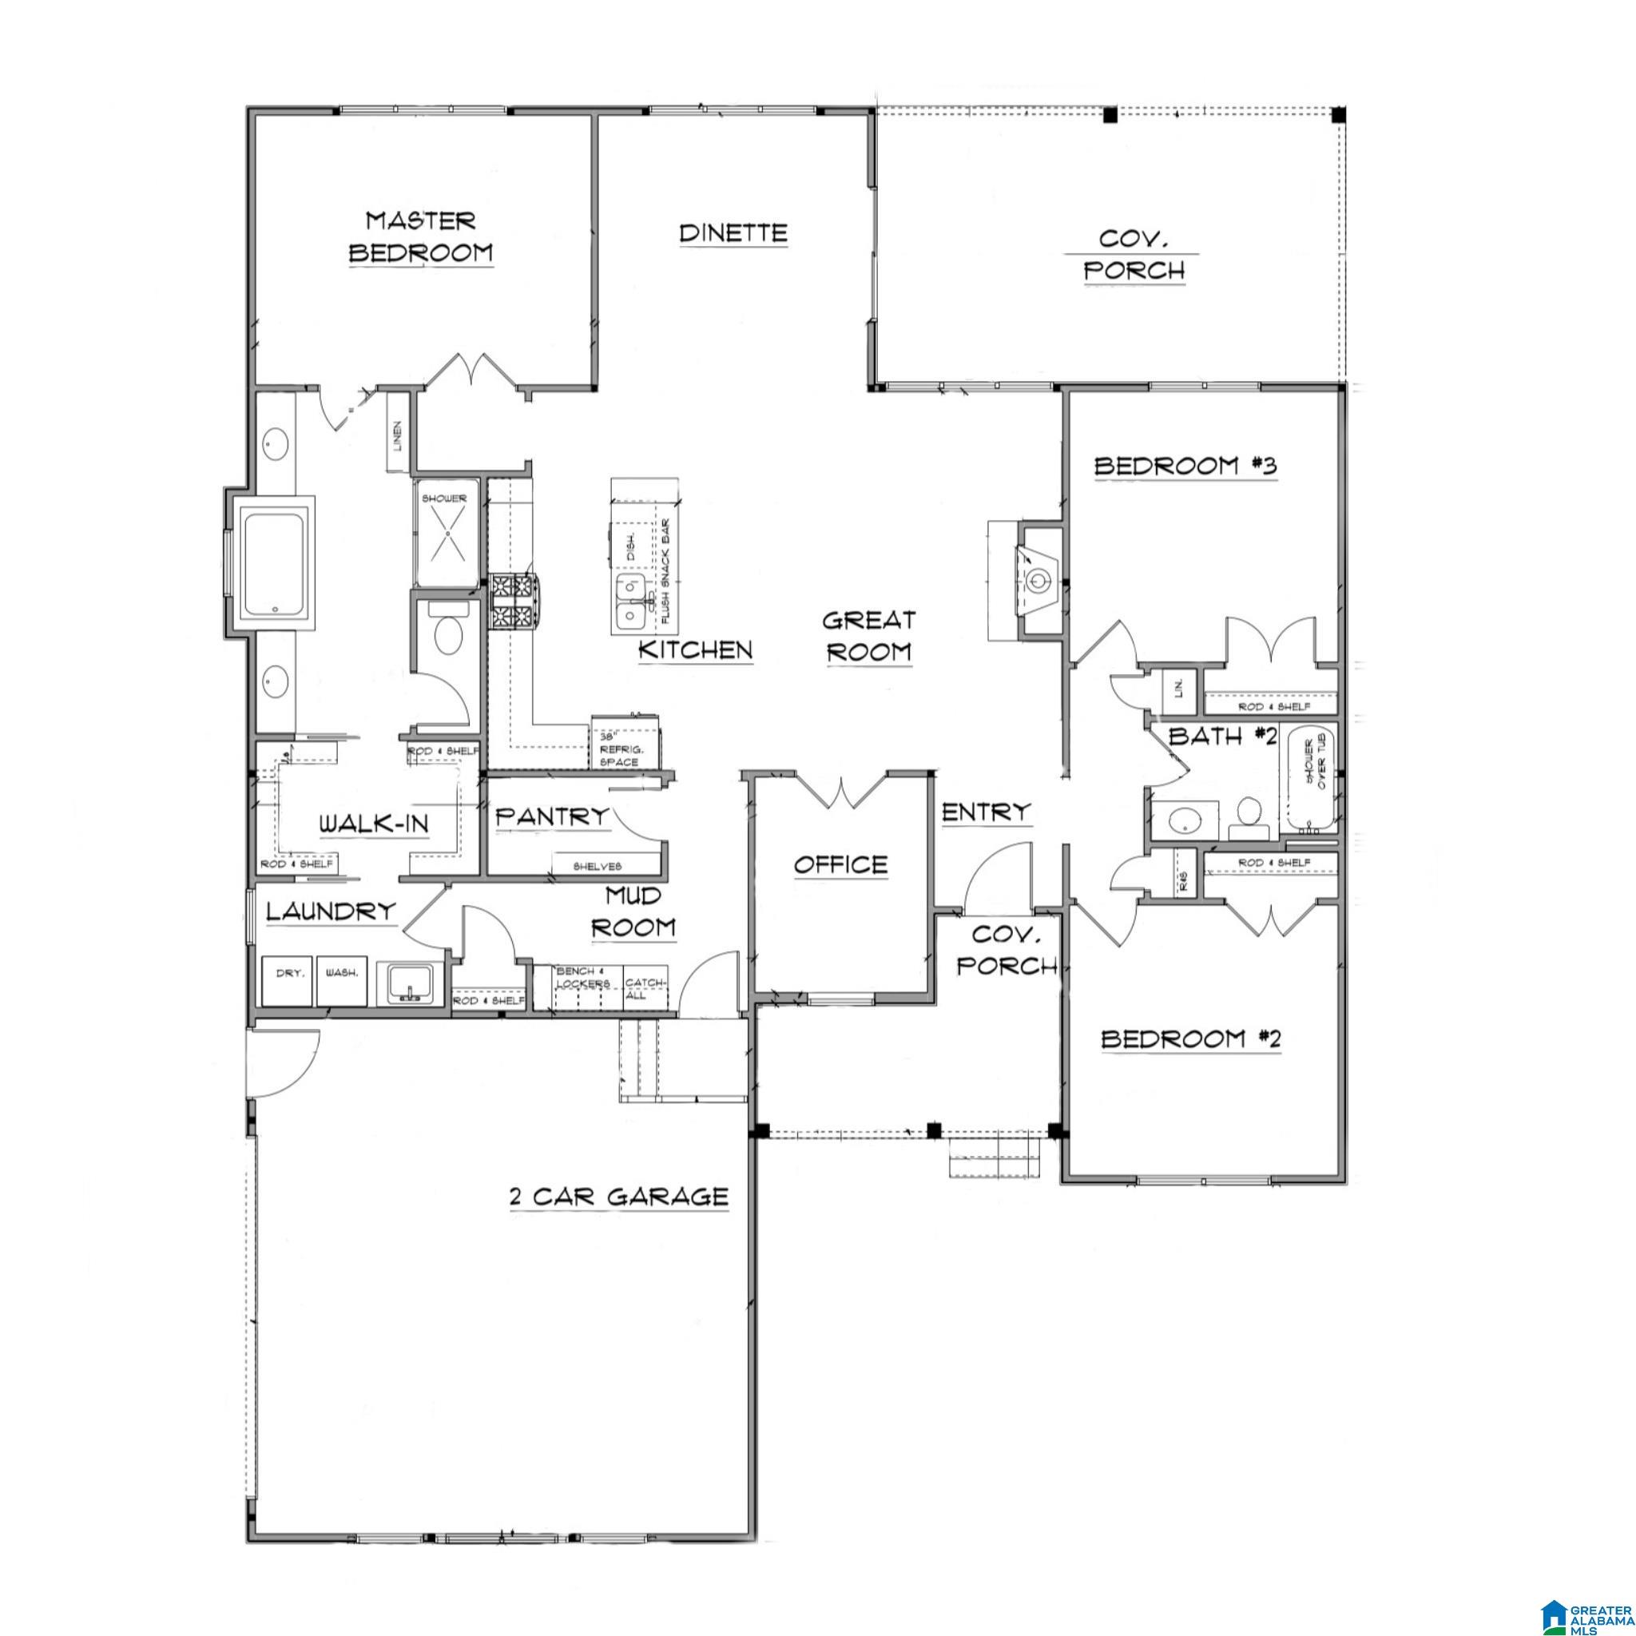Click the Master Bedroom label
tap(421, 237)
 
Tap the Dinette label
tap(733, 233)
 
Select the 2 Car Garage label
tap(618, 1197)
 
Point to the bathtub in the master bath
tap(272, 564)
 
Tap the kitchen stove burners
tap(513, 602)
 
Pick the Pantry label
tap(552, 817)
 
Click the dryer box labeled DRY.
tap(286, 981)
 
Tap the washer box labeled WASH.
tap(342, 981)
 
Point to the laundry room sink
tap(410, 983)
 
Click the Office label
tap(841, 864)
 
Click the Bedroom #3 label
tap(1185, 466)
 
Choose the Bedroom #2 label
tap(1190, 1039)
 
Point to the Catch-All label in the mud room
tap(645, 988)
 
